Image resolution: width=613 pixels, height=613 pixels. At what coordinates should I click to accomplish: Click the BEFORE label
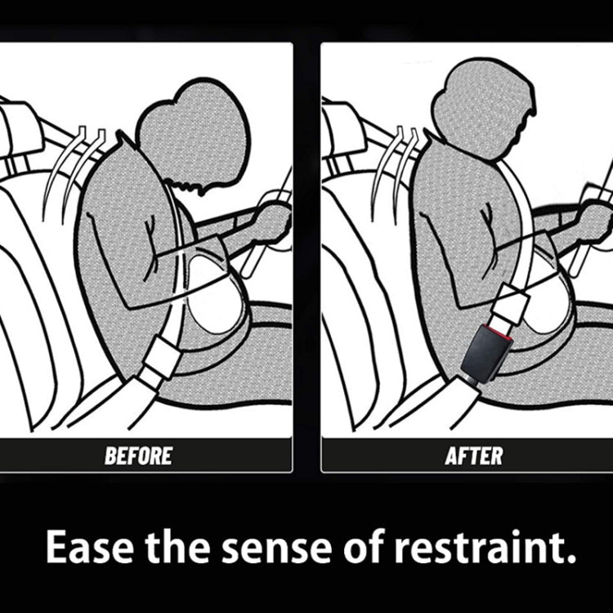click(x=138, y=455)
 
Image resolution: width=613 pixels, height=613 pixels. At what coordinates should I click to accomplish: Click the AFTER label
click(x=474, y=455)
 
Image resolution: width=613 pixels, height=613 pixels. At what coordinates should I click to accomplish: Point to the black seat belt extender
click(x=485, y=352)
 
